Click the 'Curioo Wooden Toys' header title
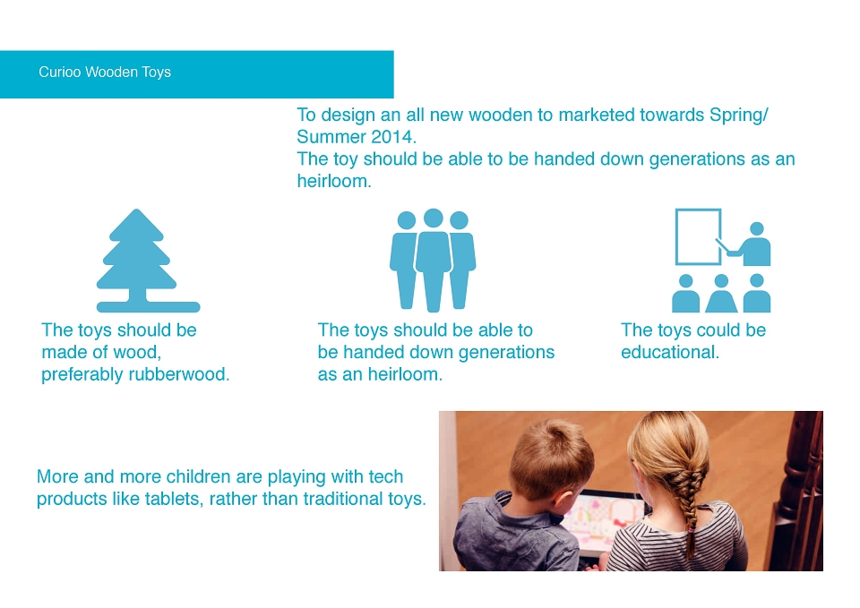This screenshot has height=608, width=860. point(105,72)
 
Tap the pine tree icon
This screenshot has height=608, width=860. point(148,261)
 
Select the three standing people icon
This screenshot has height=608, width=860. point(433,261)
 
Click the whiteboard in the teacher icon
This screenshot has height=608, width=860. point(698,236)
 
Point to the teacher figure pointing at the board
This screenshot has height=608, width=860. point(751,245)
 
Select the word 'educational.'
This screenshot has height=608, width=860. point(670,352)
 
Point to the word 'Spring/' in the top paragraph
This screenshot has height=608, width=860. point(739,116)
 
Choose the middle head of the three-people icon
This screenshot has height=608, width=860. point(434,218)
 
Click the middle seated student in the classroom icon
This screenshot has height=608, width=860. point(721,294)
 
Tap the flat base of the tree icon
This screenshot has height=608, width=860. point(148,307)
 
